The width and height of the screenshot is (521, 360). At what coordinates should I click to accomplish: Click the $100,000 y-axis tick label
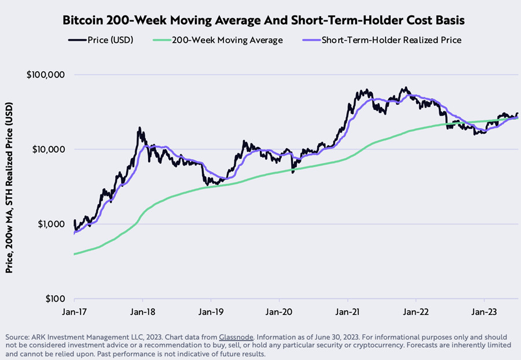pos(45,75)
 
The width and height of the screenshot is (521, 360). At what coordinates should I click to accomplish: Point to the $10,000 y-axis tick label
pos(46,149)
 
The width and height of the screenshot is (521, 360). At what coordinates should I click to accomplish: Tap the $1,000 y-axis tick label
pos(49,224)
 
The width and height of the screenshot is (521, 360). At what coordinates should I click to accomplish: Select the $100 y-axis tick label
pos(53,299)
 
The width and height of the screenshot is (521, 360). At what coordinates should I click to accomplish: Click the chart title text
pos(260,20)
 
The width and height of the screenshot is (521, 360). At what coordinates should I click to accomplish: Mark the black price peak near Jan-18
pos(140,128)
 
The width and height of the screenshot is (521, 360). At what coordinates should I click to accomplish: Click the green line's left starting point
pos(75,254)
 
